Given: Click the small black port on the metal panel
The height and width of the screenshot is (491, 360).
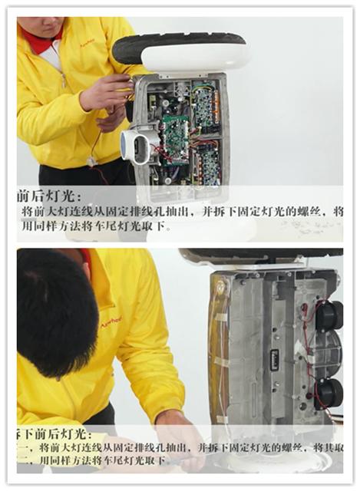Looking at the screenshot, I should (274, 358).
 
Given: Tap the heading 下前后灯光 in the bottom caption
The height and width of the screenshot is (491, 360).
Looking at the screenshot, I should (54, 434).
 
